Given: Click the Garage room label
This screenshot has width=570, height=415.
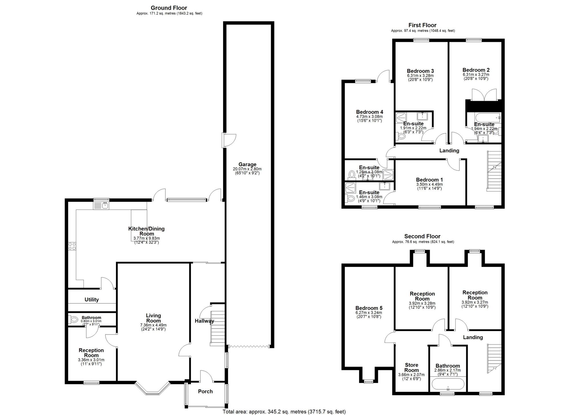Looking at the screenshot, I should point(247,164).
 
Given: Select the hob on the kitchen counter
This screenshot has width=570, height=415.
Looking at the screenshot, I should point(72,246).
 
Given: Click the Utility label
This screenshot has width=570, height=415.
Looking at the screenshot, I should point(91,299).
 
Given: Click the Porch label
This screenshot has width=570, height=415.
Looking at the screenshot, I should point(205,391).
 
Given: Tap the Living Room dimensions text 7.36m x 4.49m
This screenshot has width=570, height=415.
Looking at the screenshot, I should point(153,325).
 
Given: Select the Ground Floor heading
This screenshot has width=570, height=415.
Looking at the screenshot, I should point(169,8).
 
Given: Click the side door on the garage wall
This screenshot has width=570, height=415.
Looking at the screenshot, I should point(229,140).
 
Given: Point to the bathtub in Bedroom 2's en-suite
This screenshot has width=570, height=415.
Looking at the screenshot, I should point(483,117).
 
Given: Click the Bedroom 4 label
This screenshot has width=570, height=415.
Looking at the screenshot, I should point(369,112).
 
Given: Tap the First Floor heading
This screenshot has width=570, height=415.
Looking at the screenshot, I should point(422,25).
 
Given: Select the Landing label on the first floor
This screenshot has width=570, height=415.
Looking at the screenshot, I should point(449,150).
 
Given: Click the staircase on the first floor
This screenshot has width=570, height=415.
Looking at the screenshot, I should point(494,171).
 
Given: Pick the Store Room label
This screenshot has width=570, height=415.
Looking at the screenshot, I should point(412,367).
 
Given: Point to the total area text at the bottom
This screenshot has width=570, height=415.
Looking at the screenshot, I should point(284,412).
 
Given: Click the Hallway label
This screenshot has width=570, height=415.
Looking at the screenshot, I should point(204,321).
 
